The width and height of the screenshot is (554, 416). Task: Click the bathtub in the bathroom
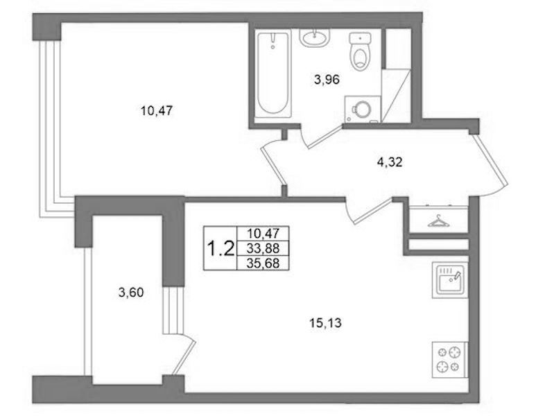273,74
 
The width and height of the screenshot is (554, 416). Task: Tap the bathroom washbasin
314,37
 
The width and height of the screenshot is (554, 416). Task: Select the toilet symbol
360,51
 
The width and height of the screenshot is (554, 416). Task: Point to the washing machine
362,110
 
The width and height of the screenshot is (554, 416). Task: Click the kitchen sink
450,279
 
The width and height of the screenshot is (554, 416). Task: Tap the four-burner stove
450,360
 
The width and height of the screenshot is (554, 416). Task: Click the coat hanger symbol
438,221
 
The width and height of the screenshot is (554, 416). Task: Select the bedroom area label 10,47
157,111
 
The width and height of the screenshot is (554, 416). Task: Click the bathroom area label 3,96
327,80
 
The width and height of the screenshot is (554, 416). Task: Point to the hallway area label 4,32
390,162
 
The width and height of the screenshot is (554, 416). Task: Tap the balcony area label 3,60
131,293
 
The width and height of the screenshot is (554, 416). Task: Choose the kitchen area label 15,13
325,323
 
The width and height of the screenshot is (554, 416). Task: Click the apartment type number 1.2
220,248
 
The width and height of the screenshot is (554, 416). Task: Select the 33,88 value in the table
263,248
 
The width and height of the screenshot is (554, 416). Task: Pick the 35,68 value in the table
263,263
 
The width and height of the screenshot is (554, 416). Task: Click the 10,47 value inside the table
263,233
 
